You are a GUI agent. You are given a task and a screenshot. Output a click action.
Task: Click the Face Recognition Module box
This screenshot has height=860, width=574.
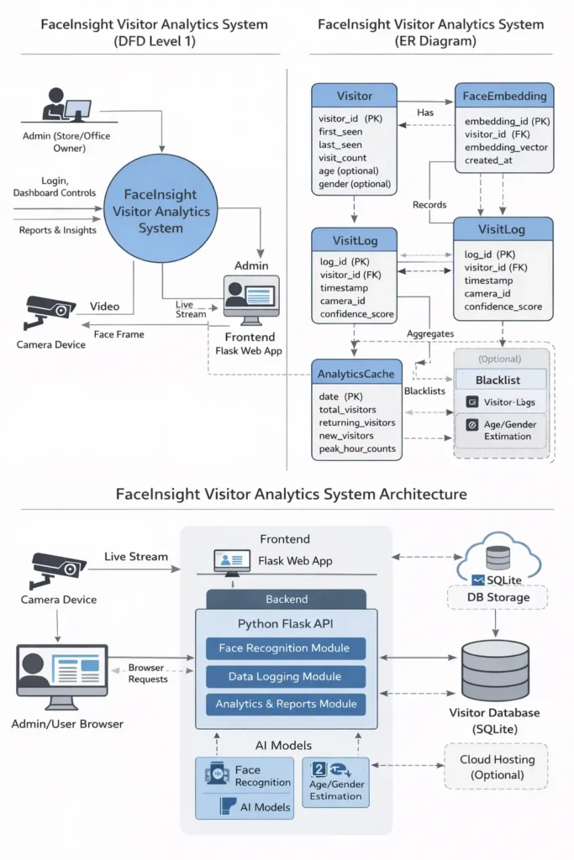point(286,648)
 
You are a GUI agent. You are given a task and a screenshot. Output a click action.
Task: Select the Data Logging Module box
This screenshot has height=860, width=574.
point(286,676)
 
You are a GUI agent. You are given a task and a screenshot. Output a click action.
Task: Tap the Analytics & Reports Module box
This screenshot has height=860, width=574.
point(286,704)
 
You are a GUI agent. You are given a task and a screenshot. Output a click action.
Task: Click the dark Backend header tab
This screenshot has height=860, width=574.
point(286,600)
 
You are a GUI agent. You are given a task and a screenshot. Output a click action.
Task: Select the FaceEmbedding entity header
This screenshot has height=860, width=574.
point(504,96)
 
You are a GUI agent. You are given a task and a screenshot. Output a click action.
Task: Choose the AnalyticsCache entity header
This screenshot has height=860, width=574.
point(356,372)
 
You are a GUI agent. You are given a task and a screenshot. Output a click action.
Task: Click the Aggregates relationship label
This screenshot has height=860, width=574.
point(430,333)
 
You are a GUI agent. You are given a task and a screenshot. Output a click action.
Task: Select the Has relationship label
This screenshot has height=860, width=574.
point(424,113)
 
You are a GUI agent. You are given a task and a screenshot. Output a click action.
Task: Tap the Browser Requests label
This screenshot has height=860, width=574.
point(147,674)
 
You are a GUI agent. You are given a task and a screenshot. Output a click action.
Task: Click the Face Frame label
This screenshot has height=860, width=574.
point(118,334)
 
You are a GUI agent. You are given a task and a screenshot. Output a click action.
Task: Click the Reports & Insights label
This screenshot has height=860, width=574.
point(57,230)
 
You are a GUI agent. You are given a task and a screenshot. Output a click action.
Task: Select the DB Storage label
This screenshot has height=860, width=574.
point(498,597)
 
